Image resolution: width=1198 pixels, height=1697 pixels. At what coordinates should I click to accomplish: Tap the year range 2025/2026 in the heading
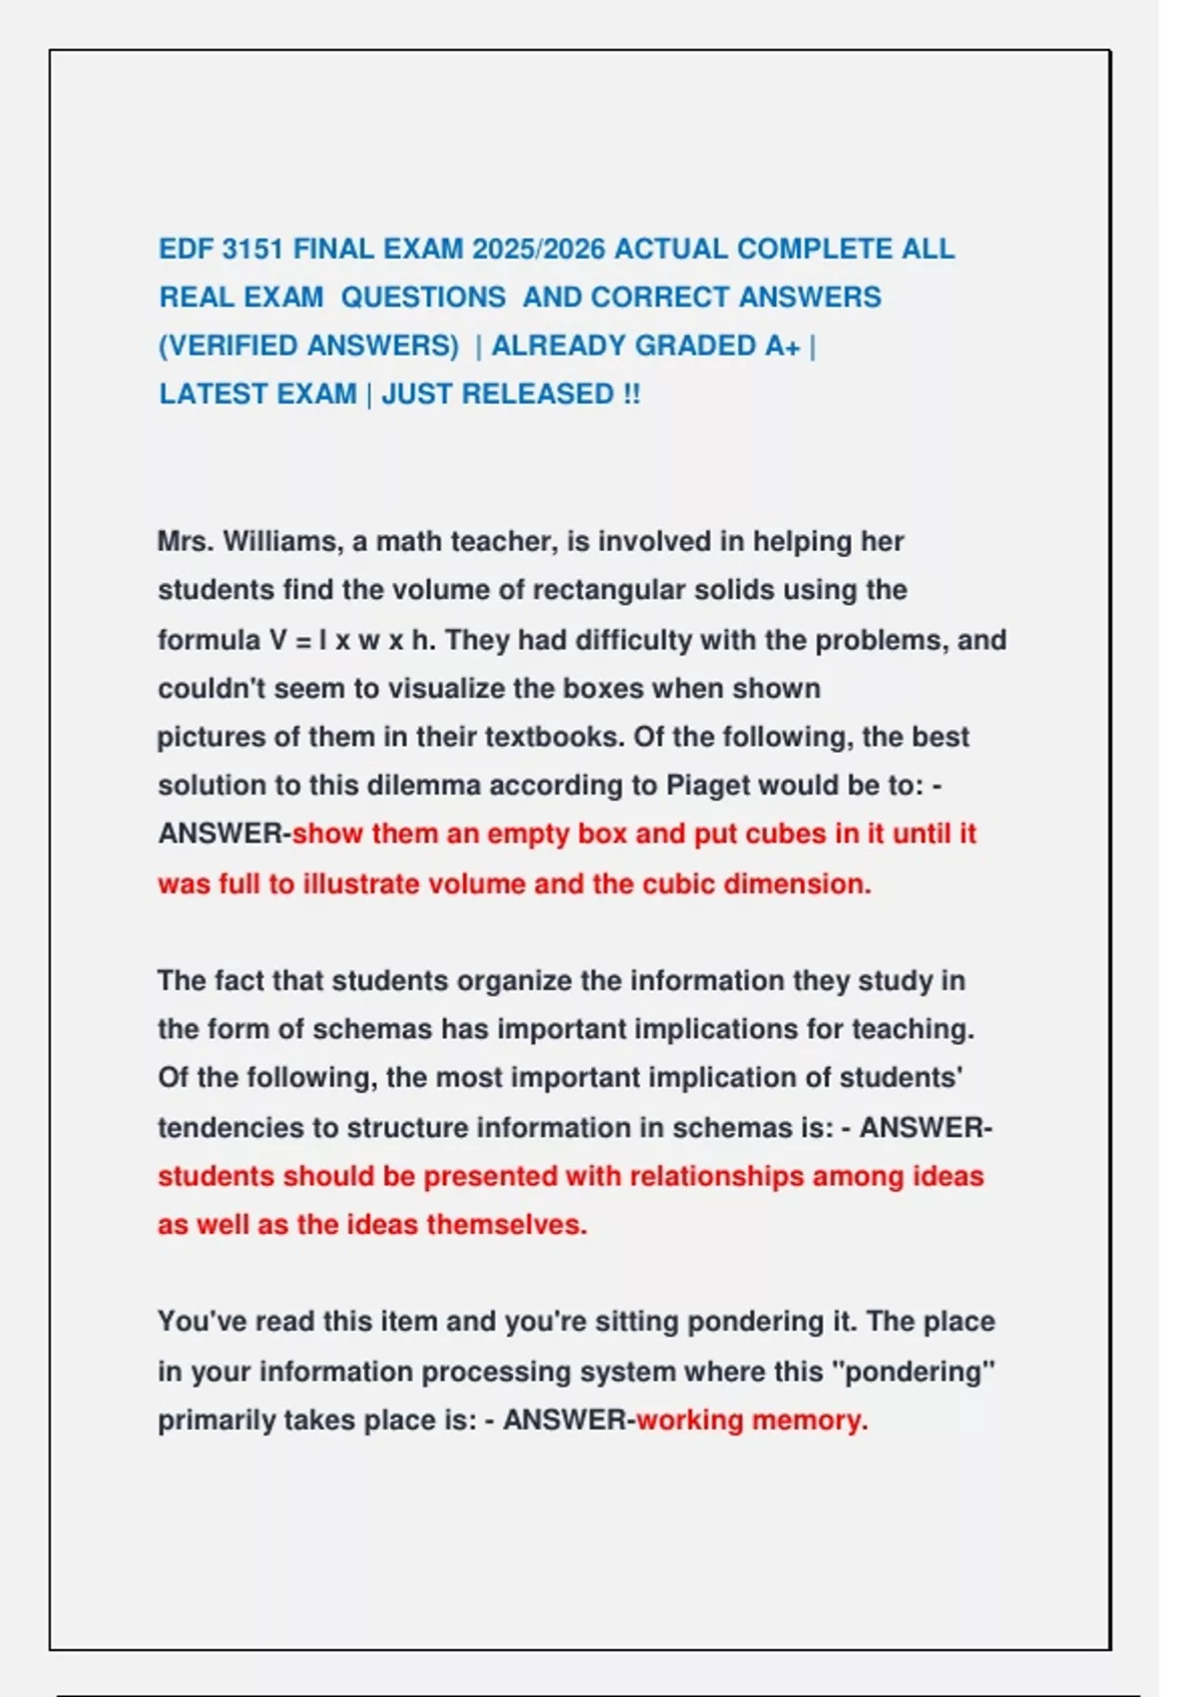pyautogui.click(x=538, y=249)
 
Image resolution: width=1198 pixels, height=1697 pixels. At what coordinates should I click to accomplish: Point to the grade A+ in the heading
pyautogui.click(x=783, y=345)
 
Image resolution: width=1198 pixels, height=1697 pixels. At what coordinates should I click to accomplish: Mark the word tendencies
pyautogui.click(x=231, y=1128)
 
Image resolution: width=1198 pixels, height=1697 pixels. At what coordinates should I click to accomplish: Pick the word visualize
pyautogui.click(x=490, y=688)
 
